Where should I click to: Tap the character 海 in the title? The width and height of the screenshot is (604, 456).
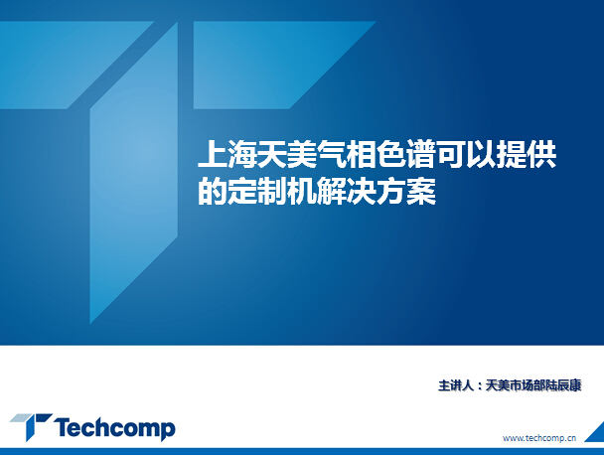point(242,155)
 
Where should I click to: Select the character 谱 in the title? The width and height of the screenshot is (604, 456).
point(421,155)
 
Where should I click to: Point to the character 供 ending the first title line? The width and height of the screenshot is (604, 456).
point(541,155)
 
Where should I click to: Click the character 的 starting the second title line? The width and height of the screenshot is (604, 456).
point(212,191)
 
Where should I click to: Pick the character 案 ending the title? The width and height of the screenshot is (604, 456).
point(421,191)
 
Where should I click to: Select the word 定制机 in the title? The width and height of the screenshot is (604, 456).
point(271,191)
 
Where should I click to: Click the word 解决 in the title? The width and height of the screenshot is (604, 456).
point(347,191)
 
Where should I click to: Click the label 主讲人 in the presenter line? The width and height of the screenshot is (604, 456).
point(456,385)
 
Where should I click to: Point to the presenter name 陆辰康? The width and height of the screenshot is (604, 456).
point(563,385)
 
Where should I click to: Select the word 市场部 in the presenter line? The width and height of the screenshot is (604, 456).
point(528,385)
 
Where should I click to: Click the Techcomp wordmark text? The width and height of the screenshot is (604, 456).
point(114,428)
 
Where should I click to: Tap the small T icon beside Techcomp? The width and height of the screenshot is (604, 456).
point(31,425)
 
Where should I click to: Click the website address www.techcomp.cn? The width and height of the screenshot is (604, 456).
point(539,438)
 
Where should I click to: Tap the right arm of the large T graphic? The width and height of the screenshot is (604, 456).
point(269,65)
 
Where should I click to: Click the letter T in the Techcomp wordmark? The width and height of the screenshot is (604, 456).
point(63,427)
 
